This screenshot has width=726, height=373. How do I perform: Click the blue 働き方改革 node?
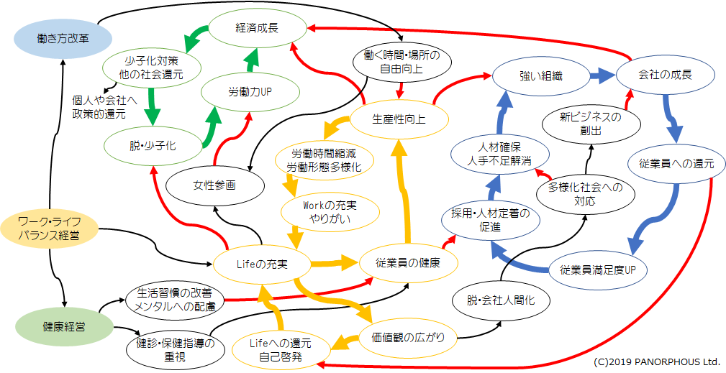tap(63, 38)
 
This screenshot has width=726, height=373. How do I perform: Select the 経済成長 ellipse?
tap(257, 29)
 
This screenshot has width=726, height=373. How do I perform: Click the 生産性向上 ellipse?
tap(399, 119)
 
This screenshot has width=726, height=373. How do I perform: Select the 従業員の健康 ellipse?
tap(409, 264)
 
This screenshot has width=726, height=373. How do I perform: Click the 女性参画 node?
tap(214, 185)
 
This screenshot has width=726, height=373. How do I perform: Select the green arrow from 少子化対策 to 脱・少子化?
tap(152, 106)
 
